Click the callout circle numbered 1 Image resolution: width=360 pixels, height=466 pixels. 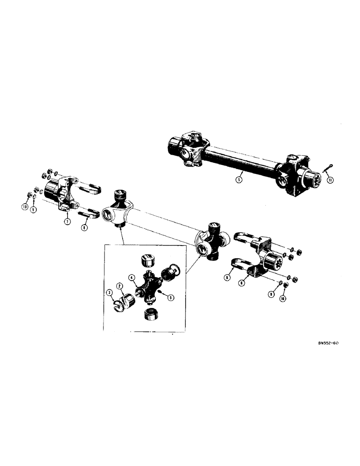click(x=238, y=178)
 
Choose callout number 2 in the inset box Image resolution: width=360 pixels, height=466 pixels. click(x=120, y=286)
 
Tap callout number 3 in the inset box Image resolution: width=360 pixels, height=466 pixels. click(x=110, y=292)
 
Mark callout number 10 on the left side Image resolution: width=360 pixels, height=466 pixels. click(x=24, y=206)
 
